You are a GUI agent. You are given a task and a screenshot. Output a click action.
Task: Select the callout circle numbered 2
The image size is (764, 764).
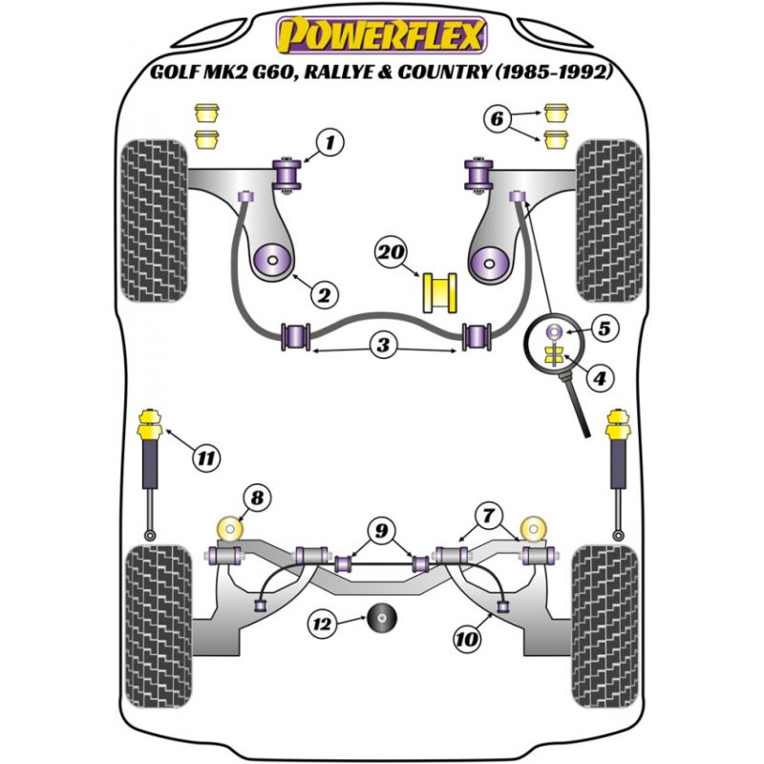tap(322, 296)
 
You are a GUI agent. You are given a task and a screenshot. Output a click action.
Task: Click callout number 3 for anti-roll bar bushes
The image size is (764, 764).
tap(383, 346)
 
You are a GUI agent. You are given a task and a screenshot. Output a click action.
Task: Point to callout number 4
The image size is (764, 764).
tap(600, 379)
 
